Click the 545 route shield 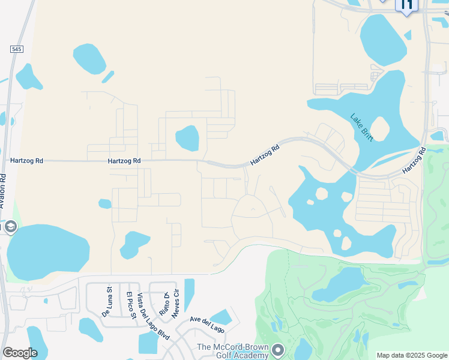pyautogui.click(x=16, y=49)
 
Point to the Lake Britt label pyautogui.click(x=362, y=127)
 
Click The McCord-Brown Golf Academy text pyautogui.click(x=232, y=351)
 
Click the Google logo pyautogui.click(x=20, y=353)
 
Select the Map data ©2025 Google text pyautogui.click(x=411, y=355)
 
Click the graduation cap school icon pyautogui.click(x=10, y=227)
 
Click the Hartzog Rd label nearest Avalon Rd pyautogui.click(x=27, y=161)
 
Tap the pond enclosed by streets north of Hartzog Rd pyautogui.click(x=187, y=138)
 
